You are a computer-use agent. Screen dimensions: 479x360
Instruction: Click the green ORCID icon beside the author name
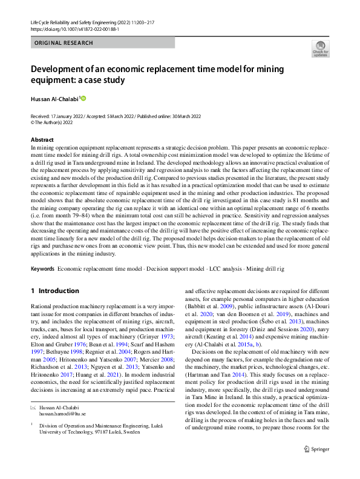coord(83,98)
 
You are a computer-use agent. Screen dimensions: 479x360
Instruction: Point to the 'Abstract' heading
coord(41,140)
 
